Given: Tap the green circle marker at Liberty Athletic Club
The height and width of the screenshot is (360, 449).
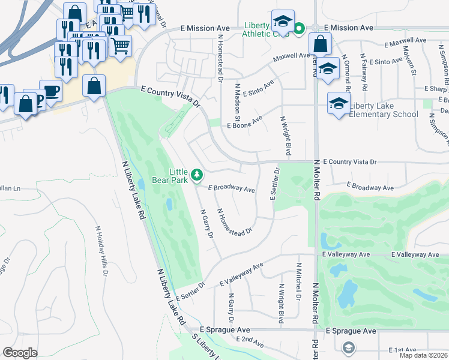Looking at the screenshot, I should (x=298, y=28).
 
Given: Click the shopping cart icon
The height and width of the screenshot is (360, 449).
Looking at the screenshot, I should (x=121, y=45).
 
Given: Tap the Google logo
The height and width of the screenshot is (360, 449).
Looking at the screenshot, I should (x=20, y=353).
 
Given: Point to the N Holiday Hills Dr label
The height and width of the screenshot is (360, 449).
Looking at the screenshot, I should (x=101, y=251).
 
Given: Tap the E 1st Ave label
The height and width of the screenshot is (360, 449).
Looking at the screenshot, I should (x=402, y=350).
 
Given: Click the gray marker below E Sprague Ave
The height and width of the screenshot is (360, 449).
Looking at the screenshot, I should (x=348, y=347).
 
